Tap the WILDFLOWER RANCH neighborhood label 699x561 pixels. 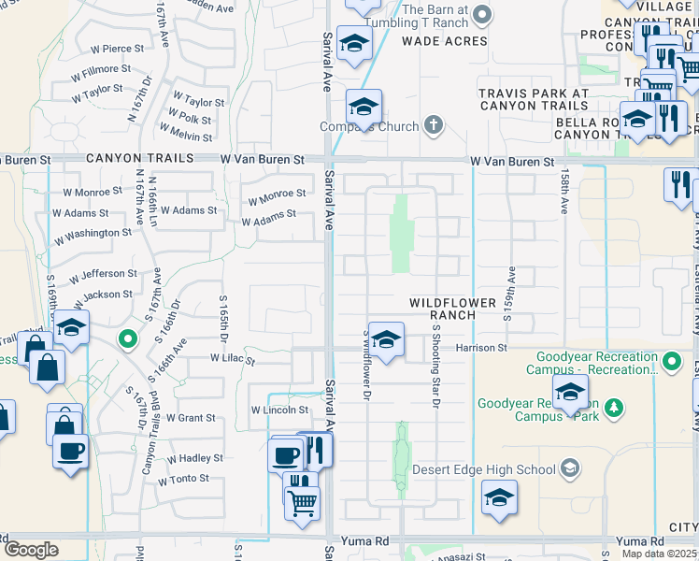(x=454, y=309)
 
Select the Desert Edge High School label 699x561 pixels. (x=517, y=469)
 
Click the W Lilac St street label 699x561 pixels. (x=233, y=358)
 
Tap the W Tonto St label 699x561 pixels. (x=183, y=480)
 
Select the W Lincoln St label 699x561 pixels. (x=279, y=410)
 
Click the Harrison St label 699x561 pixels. (x=480, y=348)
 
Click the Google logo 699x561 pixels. (x=31, y=550)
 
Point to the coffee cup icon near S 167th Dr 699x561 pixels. (x=71, y=452)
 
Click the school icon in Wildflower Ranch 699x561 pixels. (x=385, y=338)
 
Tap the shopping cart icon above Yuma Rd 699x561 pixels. (x=302, y=502)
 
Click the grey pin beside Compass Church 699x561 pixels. (x=433, y=124)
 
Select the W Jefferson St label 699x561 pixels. (x=102, y=275)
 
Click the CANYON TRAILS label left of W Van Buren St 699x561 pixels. (x=140, y=159)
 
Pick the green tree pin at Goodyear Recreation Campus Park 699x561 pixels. (x=614, y=406)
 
